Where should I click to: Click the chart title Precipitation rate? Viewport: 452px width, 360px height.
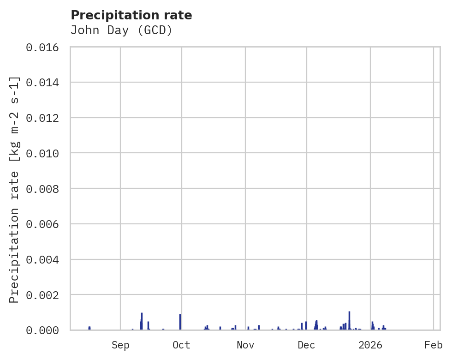(x=131, y=15)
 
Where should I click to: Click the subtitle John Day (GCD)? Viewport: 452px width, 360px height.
(x=121, y=30)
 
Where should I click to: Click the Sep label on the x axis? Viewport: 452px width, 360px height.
(x=120, y=345)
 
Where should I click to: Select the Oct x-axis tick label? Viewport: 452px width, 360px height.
(x=181, y=345)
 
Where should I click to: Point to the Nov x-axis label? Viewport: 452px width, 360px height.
(x=245, y=345)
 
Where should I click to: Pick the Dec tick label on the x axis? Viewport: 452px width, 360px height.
(x=306, y=345)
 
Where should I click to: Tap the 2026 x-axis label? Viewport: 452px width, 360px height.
(x=370, y=345)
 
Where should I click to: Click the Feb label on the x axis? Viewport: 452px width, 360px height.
(x=434, y=345)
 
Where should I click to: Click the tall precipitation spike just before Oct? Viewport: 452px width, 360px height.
(x=180, y=322)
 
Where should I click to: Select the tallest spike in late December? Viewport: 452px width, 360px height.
(x=349, y=320)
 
